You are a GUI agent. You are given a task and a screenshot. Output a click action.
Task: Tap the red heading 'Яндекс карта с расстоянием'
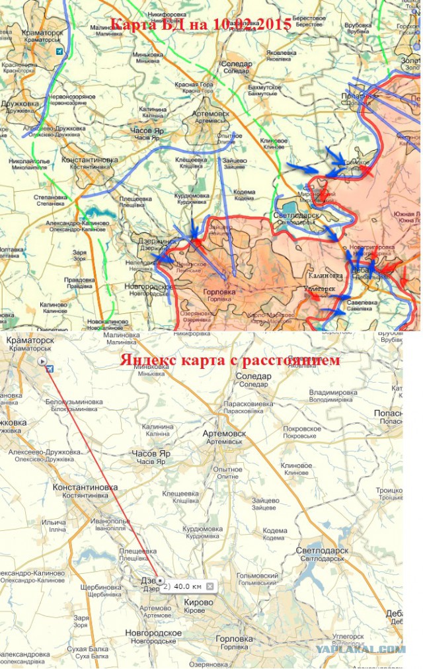click(x=230, y=360)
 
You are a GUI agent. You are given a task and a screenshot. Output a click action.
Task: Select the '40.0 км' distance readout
click(x=186, y=586)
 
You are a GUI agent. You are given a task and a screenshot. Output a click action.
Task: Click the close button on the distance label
click(x=210, y=586)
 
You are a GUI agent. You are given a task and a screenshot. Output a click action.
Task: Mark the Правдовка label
click(x=80, y=280)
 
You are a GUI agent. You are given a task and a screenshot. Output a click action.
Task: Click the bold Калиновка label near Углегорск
click(x=325, y=276)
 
